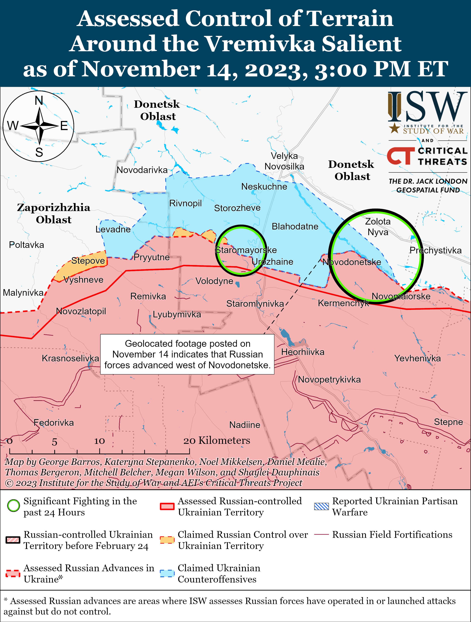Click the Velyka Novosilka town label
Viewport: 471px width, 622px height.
coord(284,161)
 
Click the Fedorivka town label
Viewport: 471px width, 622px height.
coord(54,422)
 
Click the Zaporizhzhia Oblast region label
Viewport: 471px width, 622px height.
coord(54,213)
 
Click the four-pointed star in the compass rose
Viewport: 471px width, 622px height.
coord(39,126)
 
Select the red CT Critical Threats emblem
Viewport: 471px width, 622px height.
coord(401,156)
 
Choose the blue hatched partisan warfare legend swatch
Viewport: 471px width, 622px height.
coord(321,506)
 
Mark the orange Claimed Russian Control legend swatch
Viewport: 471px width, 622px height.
coord(167,540)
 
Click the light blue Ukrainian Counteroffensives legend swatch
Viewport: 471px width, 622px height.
coord(167,573)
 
